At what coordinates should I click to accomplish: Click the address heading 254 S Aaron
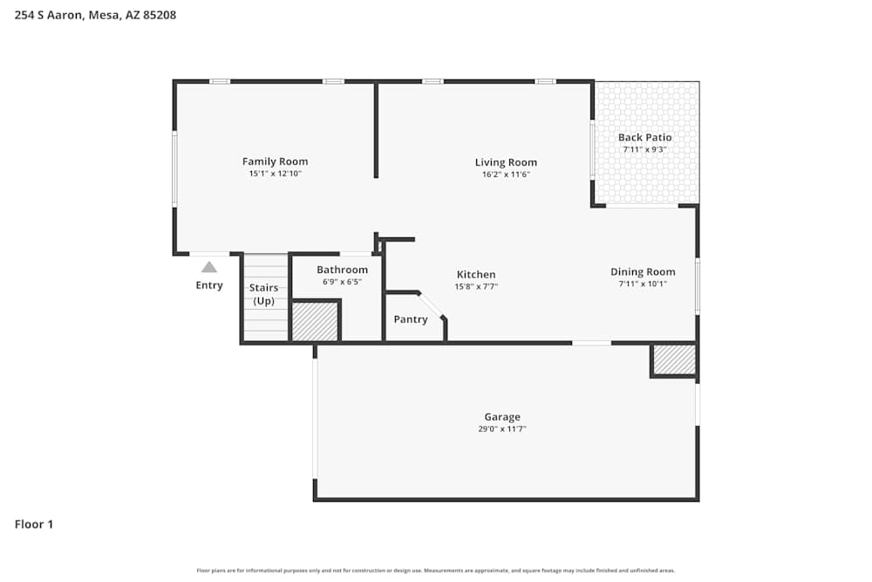click(96, 15)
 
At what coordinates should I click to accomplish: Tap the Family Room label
click(275, 161)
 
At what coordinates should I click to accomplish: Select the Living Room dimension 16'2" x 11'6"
click(506, 175)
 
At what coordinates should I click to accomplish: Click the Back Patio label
click(644, 137)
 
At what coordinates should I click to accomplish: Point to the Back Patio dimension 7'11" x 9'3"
click(644, 149)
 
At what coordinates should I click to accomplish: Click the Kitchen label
click(476, 274)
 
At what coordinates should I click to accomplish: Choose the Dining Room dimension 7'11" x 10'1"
click(643, 284)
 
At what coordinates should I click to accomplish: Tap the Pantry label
click(411, 319)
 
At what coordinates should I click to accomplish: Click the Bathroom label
click(342, 270)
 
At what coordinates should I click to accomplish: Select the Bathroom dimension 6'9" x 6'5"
click(342, 282)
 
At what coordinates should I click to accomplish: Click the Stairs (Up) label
click(263, 294)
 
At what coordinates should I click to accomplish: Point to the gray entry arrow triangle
click(209, 267)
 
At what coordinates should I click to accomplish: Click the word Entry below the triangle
click(209, 285)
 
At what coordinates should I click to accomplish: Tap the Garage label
click(502, 417)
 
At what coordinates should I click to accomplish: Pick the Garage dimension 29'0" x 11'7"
click(502, 429)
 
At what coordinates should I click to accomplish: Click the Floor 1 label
click(34, 524)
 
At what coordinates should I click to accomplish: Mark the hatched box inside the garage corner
click(674, 359)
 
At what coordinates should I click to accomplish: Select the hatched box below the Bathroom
click(314, 321)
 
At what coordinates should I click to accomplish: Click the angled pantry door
click(431, 305)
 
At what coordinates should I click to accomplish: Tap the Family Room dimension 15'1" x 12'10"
click(275, 174)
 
